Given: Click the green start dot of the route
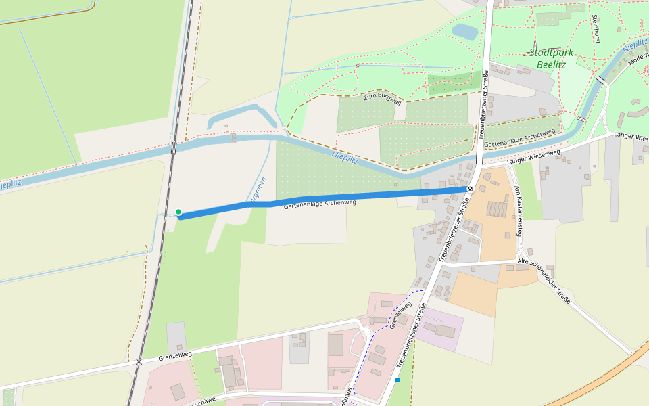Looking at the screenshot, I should click(x=178, y=212).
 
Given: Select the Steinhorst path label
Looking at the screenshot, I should click(x=596, y=29).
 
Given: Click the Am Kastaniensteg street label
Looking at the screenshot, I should click(x=519, y=210).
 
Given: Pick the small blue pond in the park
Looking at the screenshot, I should click(x=464, y=31).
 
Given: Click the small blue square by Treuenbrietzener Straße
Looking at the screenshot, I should click(x=398, y=380).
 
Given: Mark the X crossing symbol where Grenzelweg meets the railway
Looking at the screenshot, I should click(x=139, y=361).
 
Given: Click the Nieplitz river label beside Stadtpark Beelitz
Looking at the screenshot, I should click(x=635, y=46).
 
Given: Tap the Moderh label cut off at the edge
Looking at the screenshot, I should click(x=638, y=59).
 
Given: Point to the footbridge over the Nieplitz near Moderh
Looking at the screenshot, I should click(x=600, y=80).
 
